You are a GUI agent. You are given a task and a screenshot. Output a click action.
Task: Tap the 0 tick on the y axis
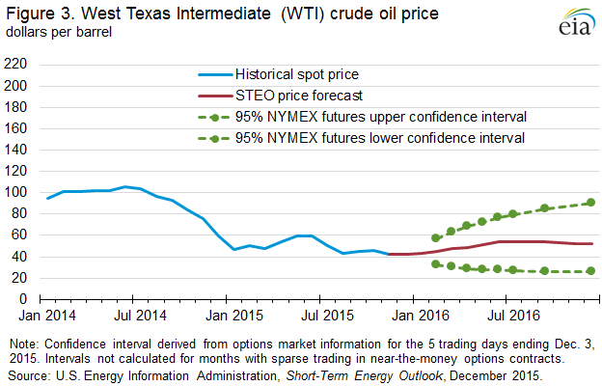click(23, 299)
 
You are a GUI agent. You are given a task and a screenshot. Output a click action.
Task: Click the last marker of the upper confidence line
click(590, 203)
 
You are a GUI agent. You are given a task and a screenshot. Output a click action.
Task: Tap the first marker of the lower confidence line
click(436, 263)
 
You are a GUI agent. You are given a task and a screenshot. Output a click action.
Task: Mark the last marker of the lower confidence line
click(590, 271)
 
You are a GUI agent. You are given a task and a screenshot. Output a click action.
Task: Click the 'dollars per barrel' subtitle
click(59, 33)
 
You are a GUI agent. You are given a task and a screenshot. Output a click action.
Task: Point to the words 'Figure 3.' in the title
click(38, 14)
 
